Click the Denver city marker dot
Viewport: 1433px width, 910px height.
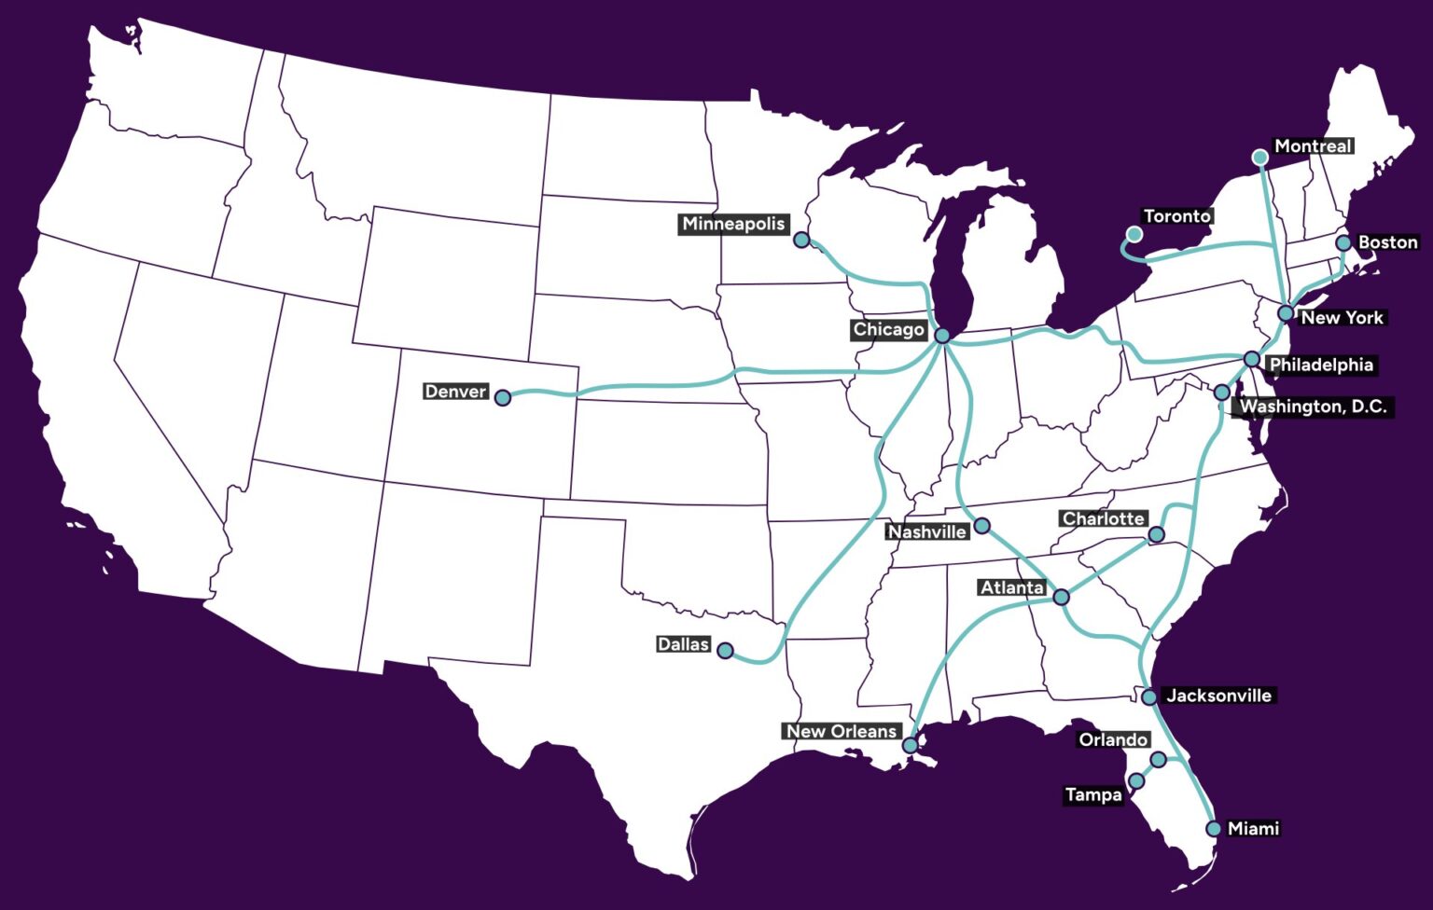tap(503, 398)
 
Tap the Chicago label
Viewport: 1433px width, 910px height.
tap(888, 330)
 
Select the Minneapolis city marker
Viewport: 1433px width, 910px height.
tap(801, 241)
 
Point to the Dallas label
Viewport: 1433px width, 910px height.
tap(683, 644)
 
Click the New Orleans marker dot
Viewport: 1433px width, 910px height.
tap(910, 746)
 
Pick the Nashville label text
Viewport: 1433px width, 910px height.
tap(926, 531)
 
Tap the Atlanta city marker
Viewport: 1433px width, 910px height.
tap(1061, 597)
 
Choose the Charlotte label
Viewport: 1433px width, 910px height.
tap(1103, 518)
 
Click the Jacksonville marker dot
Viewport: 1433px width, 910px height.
tap(1149, 697)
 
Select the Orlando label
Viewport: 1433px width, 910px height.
tap(1113, 739)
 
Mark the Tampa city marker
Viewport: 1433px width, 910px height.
tap(1136, 781)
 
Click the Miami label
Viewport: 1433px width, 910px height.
tap(1253, 828)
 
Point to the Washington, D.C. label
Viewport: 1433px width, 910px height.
tap(1313, 407)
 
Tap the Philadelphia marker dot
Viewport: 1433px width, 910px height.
tap(1252, 360)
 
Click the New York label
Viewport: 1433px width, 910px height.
tap(1342, 318)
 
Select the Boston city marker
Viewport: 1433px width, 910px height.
tap(1343, 243)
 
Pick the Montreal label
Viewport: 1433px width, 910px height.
tap(1313, 146)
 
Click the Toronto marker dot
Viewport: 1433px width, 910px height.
tap(1134, 234)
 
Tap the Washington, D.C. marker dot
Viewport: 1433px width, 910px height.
tap(1222, 393)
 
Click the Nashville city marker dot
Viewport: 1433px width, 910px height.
tap(981, 527)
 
